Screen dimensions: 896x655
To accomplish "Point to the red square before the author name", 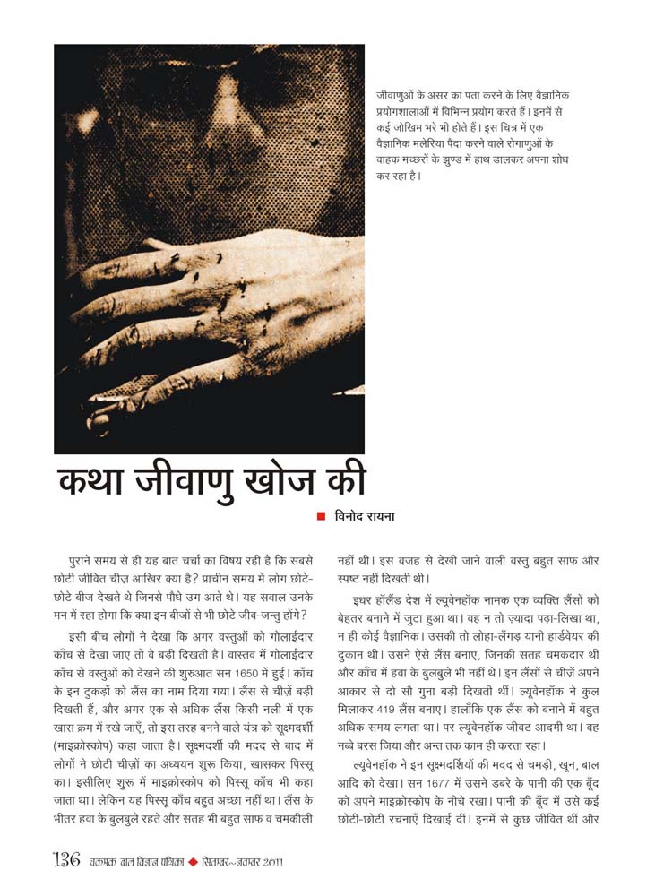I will pyautogui.click(x=320, y=517).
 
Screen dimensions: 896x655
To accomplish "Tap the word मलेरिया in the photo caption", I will pyautogui.click(x=444, y=145).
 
